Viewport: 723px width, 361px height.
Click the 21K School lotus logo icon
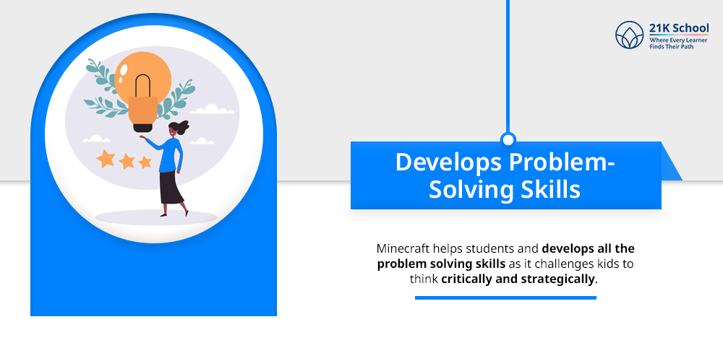[x=629, y=35]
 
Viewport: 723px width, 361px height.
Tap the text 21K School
[x=678, y=27]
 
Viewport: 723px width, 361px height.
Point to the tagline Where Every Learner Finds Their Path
[x=678, y=43]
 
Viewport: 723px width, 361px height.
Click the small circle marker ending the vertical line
[x=508, y=139]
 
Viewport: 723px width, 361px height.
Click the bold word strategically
[x=558, y=278]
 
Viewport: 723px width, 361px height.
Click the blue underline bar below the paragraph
[x=505, y=297]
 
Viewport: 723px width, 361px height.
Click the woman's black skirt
[x=171, y=188]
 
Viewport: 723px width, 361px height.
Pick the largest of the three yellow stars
[x=106, y=157]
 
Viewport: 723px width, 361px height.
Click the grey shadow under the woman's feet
[x=155, y=217]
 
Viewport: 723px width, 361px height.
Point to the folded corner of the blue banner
[x=671, y=162]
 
